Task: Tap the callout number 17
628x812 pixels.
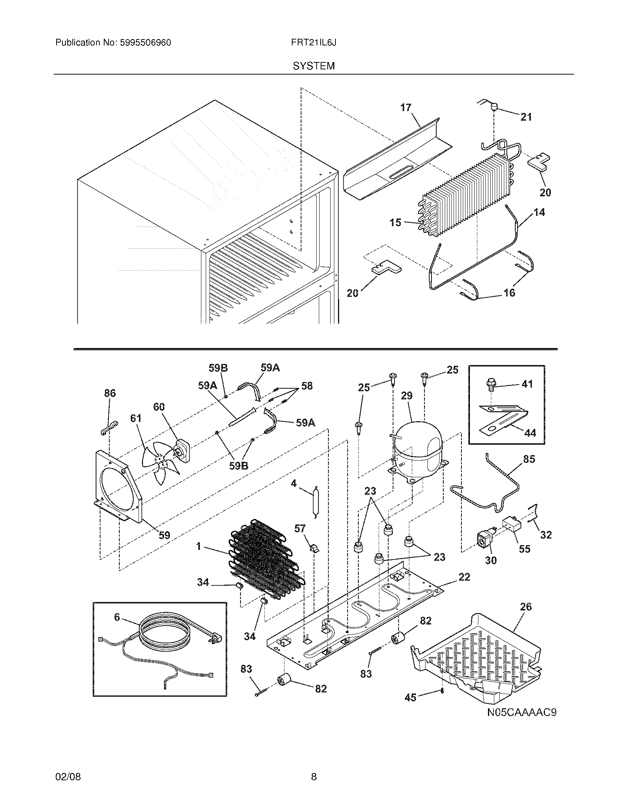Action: pos(406,108)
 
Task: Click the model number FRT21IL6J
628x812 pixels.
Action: pos(314,43)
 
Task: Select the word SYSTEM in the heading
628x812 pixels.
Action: pos(314,66)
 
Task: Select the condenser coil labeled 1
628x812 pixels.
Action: pos(266,558)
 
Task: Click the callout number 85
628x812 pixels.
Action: pos(529,459)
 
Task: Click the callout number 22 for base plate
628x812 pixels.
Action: pos(464,577)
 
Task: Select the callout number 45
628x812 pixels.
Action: pos(410,698)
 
